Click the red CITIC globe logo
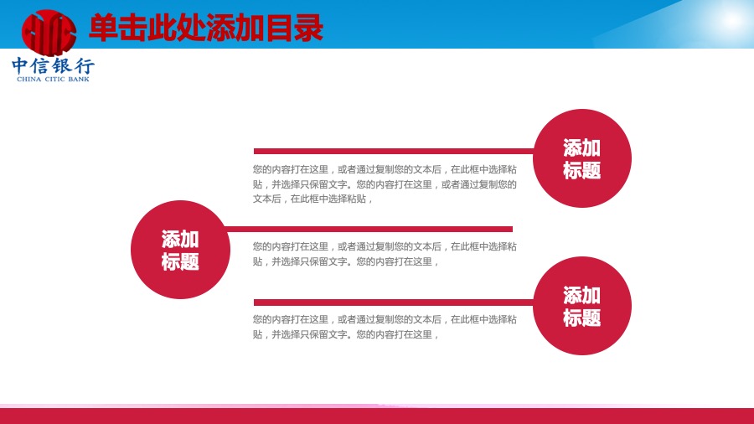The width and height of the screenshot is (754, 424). point(49,32)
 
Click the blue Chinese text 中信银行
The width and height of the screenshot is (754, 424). point(54,66)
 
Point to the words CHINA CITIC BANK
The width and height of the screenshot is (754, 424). point(53,80)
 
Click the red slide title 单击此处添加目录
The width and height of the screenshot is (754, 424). point(206,28)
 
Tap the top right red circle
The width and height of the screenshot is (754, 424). point(582,158)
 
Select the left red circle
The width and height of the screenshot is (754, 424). point(180,250)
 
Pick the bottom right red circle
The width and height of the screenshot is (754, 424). point(582,306)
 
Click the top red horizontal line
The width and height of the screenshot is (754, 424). point(394,152)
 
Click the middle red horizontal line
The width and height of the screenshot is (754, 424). point(369,230)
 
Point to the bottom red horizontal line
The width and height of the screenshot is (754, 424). point(394,302)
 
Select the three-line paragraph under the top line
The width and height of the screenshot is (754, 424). point(385,184)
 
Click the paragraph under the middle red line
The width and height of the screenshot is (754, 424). point(385,254)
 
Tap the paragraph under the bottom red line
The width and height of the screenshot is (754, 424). point(385,327)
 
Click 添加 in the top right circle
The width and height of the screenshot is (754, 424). point(582,147)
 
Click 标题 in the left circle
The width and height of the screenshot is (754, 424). point(180,262)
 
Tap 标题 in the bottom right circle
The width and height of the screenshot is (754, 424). point(582,318)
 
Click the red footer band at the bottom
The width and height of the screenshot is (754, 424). point(377,416)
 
